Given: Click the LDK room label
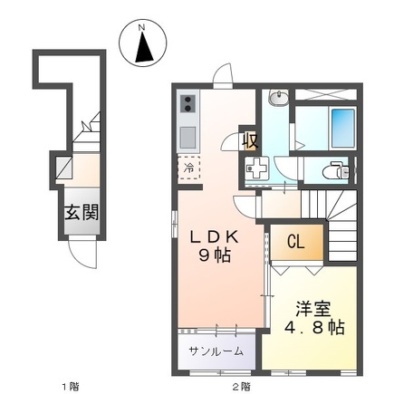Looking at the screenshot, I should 215,237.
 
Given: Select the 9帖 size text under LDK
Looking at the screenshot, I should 215,257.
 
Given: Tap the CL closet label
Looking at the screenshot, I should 295,242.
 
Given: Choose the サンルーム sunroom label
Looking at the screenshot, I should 215,351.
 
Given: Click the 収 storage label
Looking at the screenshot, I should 249,141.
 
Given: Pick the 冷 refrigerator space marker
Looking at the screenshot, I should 189,168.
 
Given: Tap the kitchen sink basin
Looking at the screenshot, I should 188,138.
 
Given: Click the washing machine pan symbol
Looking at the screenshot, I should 256,168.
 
